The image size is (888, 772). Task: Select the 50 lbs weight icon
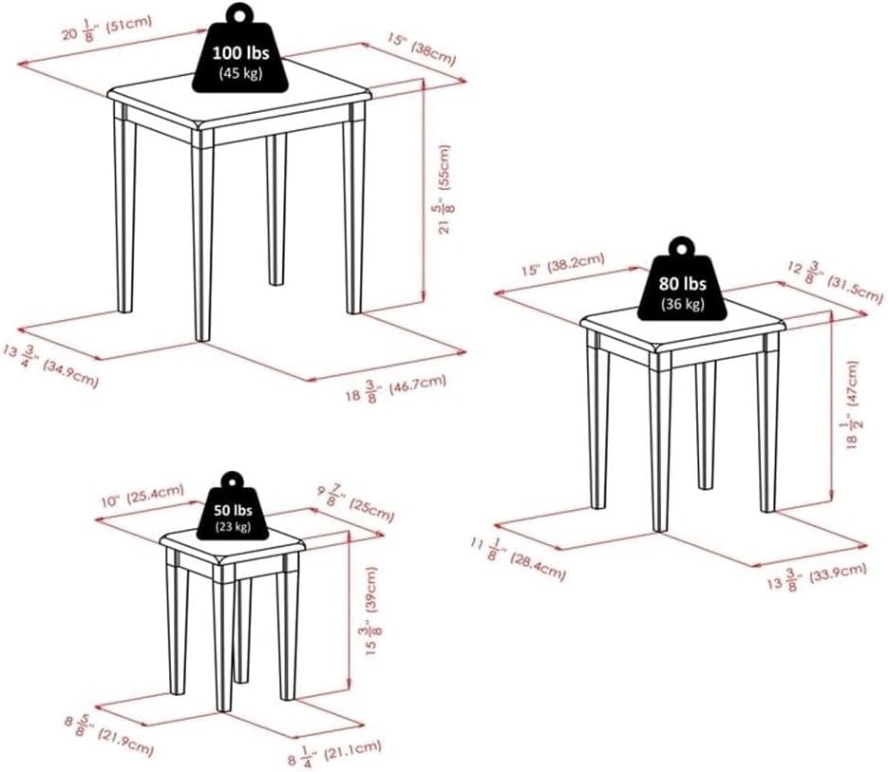[232, 506]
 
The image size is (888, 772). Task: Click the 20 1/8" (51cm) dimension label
[107, 28]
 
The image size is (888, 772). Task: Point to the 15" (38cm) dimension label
[422, 49]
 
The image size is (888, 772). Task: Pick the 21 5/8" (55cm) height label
[443, 189]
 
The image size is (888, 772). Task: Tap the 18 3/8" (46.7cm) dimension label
[396, 386]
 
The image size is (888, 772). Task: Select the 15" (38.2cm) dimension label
[563, 265]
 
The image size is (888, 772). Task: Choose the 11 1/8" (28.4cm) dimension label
[518, 558]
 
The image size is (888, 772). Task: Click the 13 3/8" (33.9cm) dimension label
[817, 576]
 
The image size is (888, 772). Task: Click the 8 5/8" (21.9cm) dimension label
[108, 736]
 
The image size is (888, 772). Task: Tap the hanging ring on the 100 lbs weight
[240, 13]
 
